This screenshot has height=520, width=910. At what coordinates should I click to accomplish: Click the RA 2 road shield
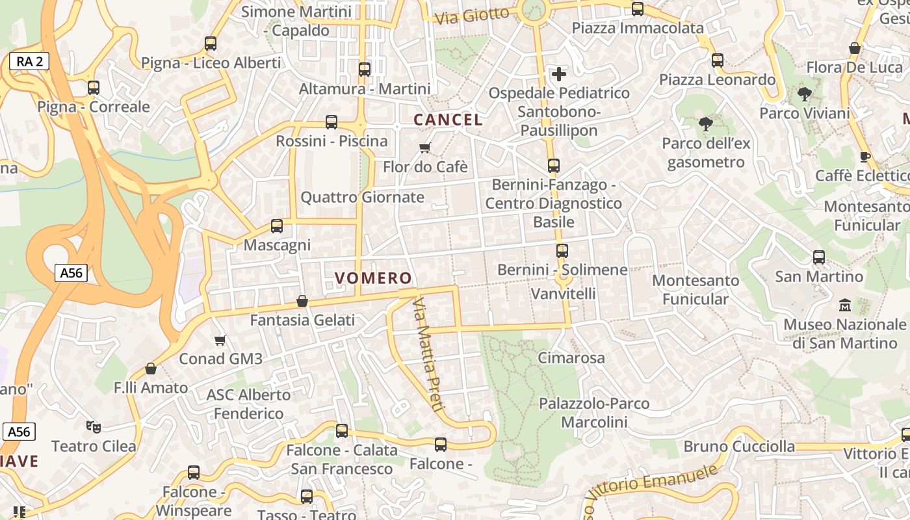30,62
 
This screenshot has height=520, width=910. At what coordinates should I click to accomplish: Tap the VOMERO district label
374,278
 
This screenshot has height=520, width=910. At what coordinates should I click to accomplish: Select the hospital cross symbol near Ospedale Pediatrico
558,73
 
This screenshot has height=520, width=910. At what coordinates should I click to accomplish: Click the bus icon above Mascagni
277,226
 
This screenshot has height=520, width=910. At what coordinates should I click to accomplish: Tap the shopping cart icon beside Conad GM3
220,340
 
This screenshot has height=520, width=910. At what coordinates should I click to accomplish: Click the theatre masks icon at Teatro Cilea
94,427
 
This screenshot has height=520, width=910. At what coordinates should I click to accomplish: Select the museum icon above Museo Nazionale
845,304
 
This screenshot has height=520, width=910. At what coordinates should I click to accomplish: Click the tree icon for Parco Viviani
805,94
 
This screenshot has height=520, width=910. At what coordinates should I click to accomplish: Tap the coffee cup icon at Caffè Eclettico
864,157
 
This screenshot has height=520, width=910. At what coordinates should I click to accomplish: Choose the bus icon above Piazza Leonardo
718,60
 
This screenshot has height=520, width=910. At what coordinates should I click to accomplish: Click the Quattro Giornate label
362,197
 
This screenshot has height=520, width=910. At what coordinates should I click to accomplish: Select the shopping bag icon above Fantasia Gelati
302,301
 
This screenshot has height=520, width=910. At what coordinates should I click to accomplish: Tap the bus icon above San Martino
819,257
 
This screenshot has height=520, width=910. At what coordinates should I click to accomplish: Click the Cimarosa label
571,357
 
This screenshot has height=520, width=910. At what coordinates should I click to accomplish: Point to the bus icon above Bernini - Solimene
562,250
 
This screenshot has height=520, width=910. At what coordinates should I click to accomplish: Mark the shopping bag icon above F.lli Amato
151,369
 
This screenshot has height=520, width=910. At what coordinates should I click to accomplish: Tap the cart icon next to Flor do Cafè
425,148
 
